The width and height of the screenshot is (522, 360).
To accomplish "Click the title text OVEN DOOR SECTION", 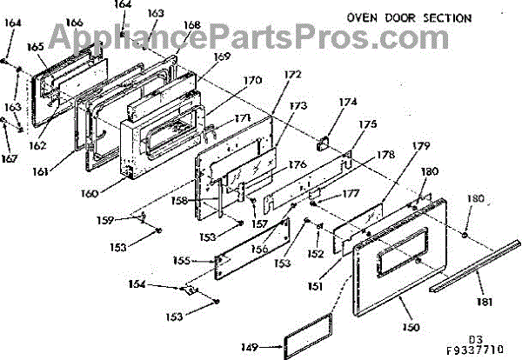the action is point(409,17).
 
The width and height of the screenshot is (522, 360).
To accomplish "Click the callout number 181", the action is point(484,302).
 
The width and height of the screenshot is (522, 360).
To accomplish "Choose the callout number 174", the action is point(348,103).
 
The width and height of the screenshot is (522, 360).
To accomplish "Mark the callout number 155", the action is point(182,260).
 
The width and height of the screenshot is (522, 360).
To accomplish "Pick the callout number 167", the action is point(9,158).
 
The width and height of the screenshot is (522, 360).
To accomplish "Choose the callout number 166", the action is point(75,23).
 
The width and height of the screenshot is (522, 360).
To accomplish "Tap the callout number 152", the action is point(315,255).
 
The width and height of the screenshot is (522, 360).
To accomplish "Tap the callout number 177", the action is point(351,195).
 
